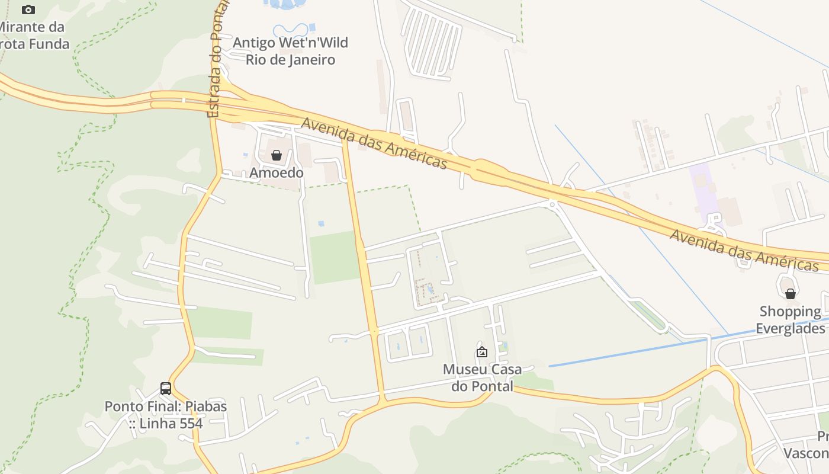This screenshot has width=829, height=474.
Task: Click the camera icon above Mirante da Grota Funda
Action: click(x=28, y=9)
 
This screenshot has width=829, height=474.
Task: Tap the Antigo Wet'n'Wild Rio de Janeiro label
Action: click(x=290, y=51)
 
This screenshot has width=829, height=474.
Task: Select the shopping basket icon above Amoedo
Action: click(x=276, y=155)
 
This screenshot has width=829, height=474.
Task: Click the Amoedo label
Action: click(x=277, y=173)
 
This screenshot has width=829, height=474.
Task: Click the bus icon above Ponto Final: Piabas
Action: click(x=166, y=389)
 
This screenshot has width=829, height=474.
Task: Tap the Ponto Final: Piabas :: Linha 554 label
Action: click(x=166, y=415)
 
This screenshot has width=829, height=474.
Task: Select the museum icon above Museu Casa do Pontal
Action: click(x=482, y=352)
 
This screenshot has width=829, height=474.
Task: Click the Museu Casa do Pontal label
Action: click(x=482, y=377)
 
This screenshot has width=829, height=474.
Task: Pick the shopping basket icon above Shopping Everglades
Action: click(x=790, y=293)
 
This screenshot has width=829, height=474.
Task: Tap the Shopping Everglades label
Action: click(x=791, y=320)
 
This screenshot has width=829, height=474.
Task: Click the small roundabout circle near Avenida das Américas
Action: click(x=552, y=204)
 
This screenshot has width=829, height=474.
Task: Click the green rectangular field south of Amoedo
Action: click(x=335, y=258)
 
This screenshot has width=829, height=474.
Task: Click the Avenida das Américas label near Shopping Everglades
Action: click(x=744, y=250)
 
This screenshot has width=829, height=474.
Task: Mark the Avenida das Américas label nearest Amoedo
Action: click(x=374, y=142)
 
